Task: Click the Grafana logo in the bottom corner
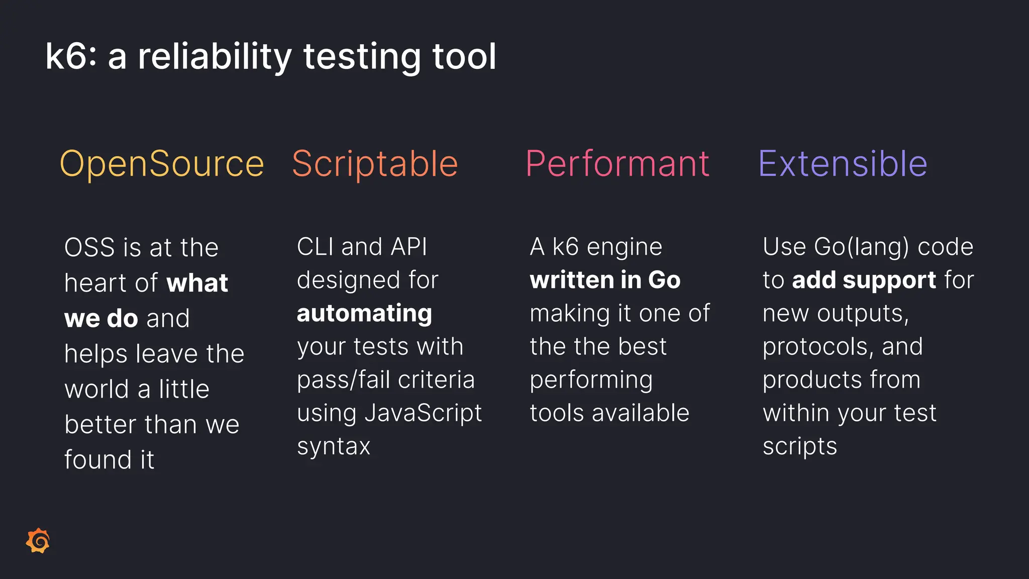click(x=38, y=541)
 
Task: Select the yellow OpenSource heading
click(x=162, y=164)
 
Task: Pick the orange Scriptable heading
click(x=375, y=164)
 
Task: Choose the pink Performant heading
click(x=618, y=164)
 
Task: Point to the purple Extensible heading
click(x=843, y=164)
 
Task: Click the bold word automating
click(x=364, y=314)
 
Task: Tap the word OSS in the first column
click(x=89, y=248)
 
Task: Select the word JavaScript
click(x=423, y=413)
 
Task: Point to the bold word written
click(x=572, y=280)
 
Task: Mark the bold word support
click(x=889, y=280)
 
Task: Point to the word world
click(x=97, y=390)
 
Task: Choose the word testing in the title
click(x=362, y=57)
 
